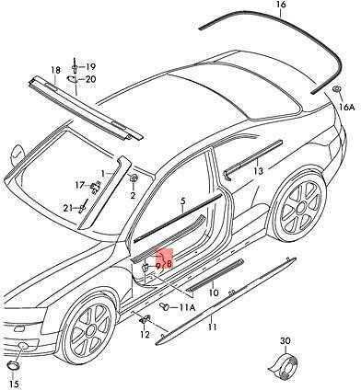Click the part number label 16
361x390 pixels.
281,5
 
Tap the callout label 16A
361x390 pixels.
347,107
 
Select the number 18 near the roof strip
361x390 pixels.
55,70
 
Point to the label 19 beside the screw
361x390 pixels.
90,66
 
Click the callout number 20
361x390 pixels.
90,79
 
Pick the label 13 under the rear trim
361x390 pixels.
259,171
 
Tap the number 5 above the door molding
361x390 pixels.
183,201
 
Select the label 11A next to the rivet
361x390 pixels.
187,307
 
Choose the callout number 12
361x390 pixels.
145,335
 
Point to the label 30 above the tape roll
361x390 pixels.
285,341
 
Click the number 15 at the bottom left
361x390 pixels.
14,384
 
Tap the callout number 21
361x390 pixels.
68,208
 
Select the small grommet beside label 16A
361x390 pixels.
336,89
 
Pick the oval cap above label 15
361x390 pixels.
14,365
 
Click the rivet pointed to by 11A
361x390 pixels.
165,306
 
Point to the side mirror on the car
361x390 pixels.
16,154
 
